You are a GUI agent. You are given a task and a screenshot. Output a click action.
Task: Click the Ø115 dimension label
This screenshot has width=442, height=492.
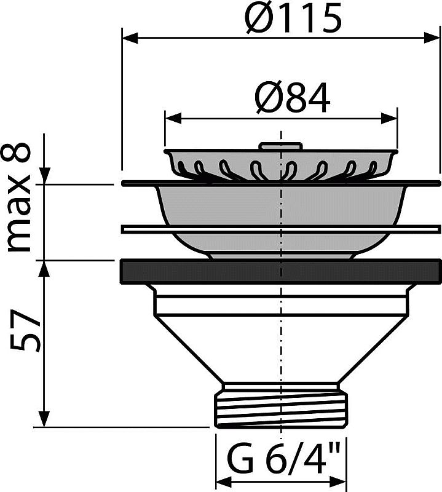click(292, 18)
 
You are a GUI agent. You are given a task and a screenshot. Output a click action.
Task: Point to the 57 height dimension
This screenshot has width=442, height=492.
click(25, 335)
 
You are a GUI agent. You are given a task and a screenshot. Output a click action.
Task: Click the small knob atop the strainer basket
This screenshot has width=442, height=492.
click(280, 146)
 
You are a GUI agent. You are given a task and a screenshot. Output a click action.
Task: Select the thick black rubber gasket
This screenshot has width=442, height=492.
click(280, 271)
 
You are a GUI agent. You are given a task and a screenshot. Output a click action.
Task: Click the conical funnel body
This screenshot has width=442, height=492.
click(280, 344)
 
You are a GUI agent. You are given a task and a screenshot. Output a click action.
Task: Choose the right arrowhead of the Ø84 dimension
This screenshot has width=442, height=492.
click(391, 116)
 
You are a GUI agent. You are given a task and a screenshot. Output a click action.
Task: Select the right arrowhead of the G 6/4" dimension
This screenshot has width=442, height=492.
click(341, 480)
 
